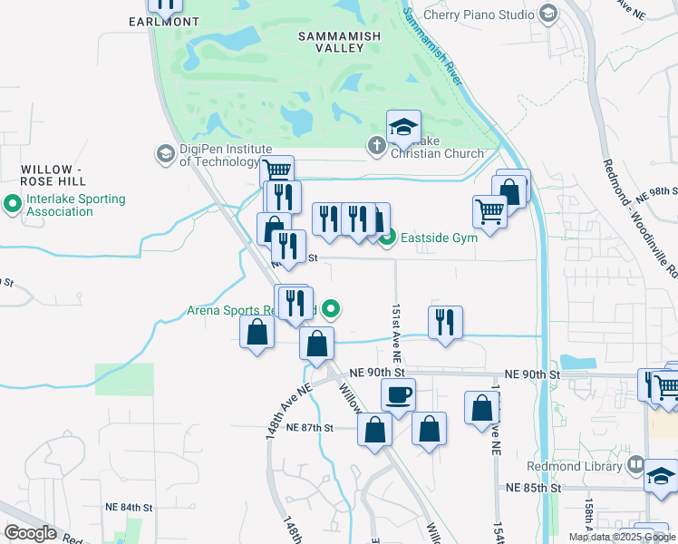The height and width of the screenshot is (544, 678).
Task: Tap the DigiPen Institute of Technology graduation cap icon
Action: tap(165, 154)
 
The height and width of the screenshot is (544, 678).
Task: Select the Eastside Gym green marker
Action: tap(388, 238)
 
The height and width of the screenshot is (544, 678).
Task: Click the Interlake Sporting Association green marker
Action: tap(13, 205)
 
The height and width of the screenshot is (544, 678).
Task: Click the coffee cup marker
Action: tap(398, 395)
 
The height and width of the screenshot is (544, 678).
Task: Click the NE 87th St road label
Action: tap(309, 428)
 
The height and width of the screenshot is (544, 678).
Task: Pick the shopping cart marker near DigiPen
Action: tap(276, 170)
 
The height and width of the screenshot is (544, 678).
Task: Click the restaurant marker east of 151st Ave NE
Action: tap(445, 323)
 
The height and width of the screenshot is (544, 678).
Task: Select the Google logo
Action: tap(31, 532)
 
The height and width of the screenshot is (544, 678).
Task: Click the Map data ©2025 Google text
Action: tap(621, 537)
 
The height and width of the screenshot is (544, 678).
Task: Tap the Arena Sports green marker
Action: tap(332, 310)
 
